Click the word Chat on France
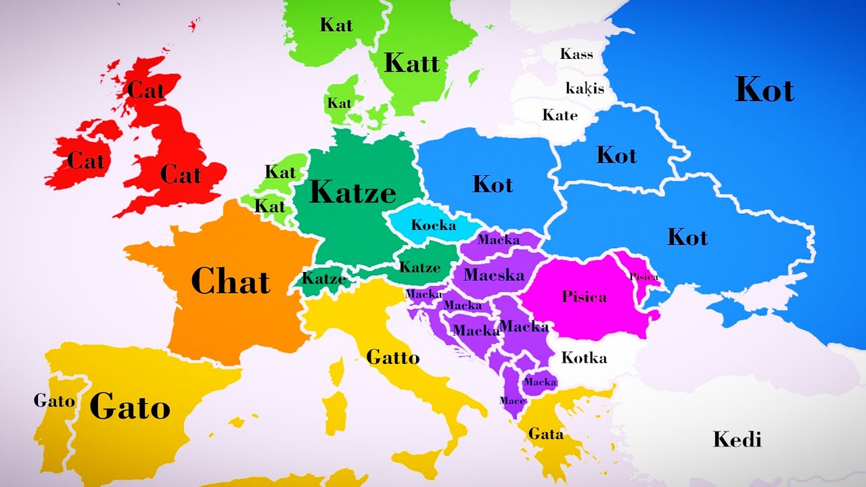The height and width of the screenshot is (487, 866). [x=231, y=281]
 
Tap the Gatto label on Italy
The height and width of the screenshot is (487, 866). [x=392, y=357]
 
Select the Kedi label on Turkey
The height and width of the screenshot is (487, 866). [x=737, y=440]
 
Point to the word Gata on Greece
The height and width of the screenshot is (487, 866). [x=545, y=434]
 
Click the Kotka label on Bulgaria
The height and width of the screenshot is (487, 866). [x=584, y=357]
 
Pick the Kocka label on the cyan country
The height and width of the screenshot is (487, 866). [x=434, y=225]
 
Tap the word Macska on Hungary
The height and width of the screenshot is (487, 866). [x=494, y=275]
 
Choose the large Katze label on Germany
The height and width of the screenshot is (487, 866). [x=352, y=193]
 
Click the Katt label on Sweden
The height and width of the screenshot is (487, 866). [x=411, y=64]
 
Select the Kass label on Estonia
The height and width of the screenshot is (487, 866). [x=576, y=54]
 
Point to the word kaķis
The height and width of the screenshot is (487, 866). [x=585, y=88]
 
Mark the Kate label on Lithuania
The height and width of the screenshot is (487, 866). [x=560, y=115]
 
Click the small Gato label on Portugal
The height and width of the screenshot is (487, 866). [x=54, y=400]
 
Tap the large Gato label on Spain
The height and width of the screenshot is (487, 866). [x=129, y=407]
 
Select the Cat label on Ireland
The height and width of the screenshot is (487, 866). [x=86, y=161]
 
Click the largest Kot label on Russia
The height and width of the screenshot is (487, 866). [x=764, y=90]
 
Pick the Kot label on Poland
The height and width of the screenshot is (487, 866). [x=493, y=184]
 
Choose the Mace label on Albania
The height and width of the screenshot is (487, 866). [x=512, y=400]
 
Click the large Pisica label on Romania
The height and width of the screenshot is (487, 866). [x=584, y=296]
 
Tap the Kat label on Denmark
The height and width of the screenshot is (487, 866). [x=339, y=103]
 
